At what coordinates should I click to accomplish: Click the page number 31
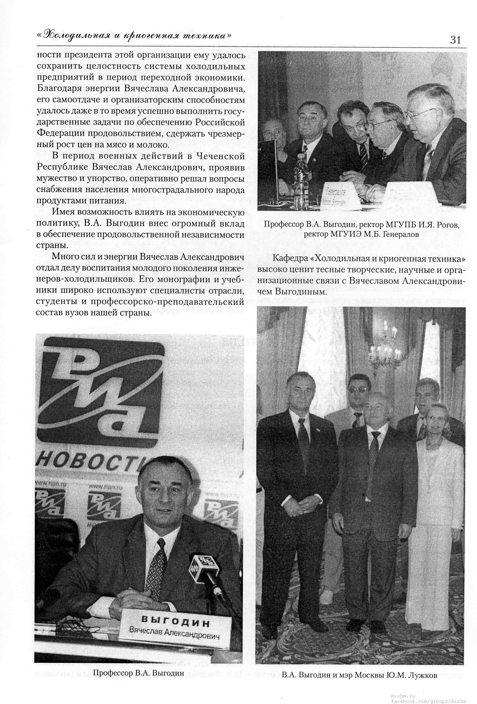(456, 40)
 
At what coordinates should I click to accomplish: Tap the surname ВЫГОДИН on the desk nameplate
(176, 613)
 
